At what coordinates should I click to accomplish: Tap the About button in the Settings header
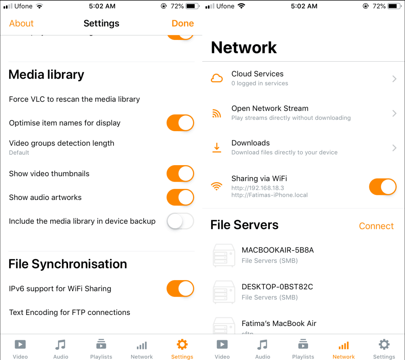21,23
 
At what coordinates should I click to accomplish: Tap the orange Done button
183,23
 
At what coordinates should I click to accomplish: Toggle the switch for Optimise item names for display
180,123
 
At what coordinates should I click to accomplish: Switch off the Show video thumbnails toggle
180,173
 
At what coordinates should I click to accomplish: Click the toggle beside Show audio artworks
180,197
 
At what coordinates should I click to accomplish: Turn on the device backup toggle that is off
180,221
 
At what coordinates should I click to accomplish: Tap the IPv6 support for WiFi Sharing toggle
180,288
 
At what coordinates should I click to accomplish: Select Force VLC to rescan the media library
74,99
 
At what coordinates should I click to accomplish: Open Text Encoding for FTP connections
70,312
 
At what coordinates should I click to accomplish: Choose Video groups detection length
62,143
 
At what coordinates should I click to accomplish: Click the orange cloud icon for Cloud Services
217,78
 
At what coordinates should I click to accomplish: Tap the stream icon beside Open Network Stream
217,113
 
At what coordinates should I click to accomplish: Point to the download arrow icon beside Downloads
217,147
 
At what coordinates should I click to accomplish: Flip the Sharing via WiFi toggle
382,187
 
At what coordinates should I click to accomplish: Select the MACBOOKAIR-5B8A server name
278,250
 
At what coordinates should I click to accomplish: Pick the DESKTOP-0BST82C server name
277,287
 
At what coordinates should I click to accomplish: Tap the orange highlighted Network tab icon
343,345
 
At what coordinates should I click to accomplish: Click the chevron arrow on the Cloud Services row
394,79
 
